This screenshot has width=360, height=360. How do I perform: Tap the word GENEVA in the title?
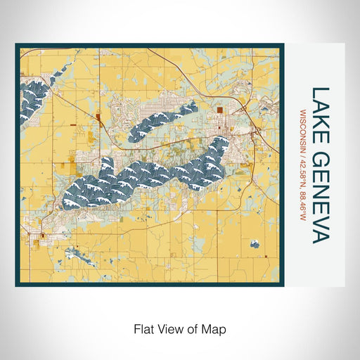pos(320,194)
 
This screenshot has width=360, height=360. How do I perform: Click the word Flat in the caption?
pos(143,328)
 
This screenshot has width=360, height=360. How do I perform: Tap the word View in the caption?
pos(169,328)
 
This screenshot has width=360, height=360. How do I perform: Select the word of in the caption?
pos(191,328)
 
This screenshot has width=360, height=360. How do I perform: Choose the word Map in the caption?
pos(212,328)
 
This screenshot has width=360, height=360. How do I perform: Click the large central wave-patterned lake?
pos(141,176)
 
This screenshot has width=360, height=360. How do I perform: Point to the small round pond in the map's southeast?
pos(252,245)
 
